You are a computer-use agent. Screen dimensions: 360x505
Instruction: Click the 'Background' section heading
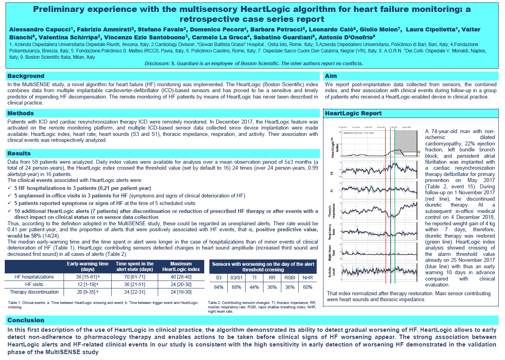click(26, 76)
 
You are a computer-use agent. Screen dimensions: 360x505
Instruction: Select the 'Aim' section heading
click(331, 76)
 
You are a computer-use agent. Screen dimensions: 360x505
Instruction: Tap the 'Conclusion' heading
click(26, 320)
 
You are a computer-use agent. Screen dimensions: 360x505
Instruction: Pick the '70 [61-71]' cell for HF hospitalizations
click(134, 277)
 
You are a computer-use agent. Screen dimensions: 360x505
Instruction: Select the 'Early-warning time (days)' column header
click(87, 266)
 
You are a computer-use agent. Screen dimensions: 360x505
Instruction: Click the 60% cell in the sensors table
click(308, 287)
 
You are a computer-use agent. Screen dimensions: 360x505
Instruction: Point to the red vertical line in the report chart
click(385, 207)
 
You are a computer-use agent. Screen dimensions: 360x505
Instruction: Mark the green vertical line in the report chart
click(395, 207)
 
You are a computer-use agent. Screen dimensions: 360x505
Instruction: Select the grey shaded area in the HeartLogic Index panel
click(406, 139)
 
